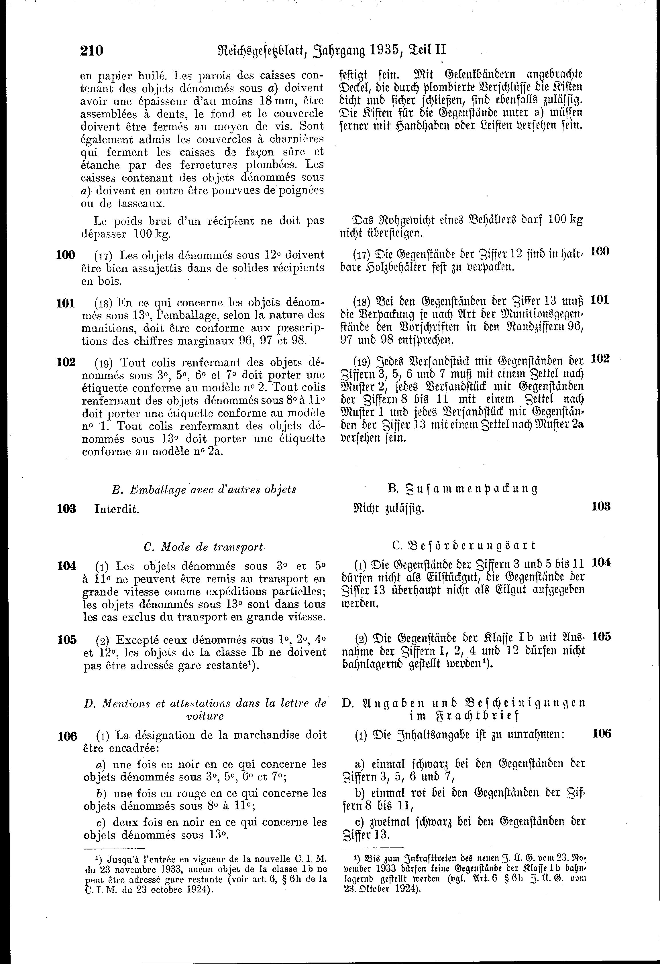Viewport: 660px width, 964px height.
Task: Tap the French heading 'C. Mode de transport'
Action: (x=203, y=547)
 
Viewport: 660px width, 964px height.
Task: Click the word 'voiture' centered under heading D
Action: (x=205, y=715)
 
